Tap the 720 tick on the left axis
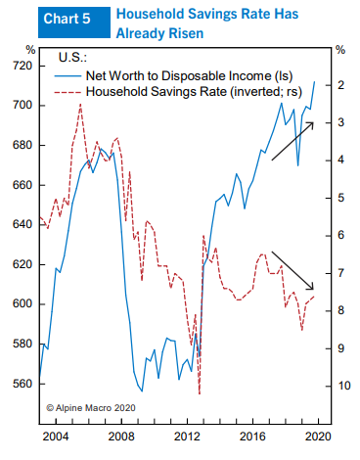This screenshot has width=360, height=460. coord(22,66)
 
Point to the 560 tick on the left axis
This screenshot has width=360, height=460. coord(22,384)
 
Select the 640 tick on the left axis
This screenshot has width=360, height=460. coord(22,224)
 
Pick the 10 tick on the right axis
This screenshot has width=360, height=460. coord(341,387)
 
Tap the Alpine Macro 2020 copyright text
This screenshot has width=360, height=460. coord(86,405)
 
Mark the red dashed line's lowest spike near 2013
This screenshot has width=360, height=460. coord(200,393)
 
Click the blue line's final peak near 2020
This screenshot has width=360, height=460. coord(314,81)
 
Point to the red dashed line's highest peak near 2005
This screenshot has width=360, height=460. coord(80,104)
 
